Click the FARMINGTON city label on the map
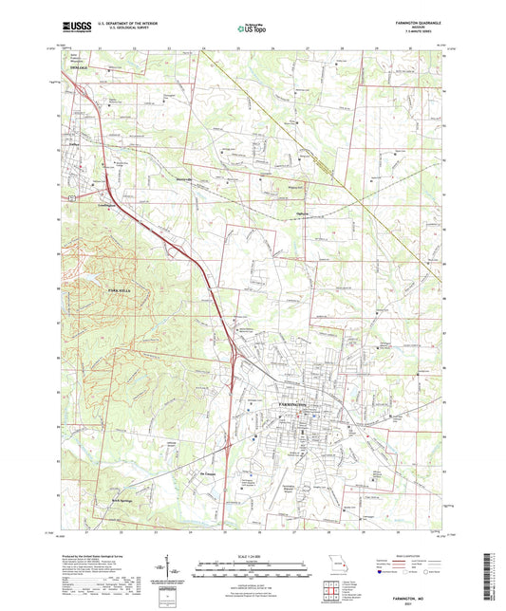294,405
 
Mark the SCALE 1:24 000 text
253,556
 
